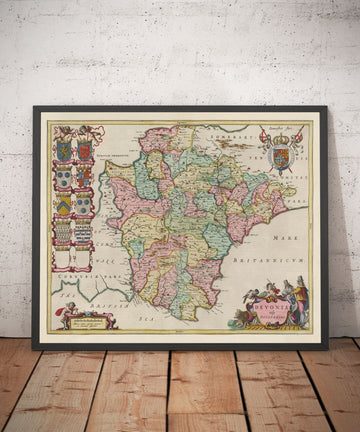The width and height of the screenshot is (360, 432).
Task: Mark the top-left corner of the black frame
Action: coord(33,107)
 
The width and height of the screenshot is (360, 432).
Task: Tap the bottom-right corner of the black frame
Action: coord(330,348)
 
